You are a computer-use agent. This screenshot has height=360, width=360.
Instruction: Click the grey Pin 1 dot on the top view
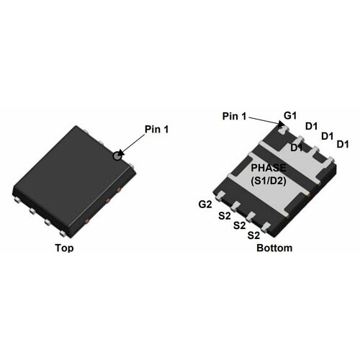point(117,156)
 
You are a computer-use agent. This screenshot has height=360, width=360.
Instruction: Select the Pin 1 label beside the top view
point(156,130)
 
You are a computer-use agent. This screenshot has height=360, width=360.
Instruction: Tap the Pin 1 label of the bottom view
point(234,116)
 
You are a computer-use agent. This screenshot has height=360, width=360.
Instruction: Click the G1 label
point(290,116)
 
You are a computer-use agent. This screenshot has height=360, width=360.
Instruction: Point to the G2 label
point(205,204)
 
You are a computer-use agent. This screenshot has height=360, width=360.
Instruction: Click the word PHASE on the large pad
point(269,168)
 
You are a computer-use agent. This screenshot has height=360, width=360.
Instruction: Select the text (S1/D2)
point(269,181)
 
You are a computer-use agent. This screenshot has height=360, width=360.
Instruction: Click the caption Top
point(64,248)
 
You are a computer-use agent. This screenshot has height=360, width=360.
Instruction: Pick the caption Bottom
point(274,248)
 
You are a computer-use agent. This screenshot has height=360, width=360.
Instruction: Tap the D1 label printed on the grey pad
point(297,148)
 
